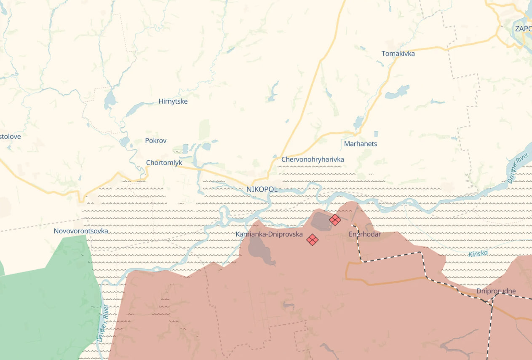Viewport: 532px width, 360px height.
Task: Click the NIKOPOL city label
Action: [262, 189]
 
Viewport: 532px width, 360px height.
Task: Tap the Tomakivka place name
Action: [398, 54]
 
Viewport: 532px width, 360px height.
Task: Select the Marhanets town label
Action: [361, 144]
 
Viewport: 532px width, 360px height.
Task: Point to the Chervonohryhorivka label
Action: [313, 159]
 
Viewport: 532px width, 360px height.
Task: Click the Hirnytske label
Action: [173, 101]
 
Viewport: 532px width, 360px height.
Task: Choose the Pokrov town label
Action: [155, 140]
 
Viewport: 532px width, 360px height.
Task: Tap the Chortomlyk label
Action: [164, 162]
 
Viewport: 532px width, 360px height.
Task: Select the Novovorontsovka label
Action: [81, 231]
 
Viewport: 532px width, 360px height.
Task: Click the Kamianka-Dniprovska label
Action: [269, 234]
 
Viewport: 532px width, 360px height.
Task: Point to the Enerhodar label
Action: [365, 234]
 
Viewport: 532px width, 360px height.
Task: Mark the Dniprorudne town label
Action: [496, 291]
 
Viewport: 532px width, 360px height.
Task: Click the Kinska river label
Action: [478, 254]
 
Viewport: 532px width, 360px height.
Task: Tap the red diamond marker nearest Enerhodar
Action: [335, 220]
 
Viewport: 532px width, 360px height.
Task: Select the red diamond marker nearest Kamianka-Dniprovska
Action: [312, 240]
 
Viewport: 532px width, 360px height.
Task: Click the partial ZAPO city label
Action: [523, 29]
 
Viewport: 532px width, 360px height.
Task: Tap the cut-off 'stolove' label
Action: [10, 137]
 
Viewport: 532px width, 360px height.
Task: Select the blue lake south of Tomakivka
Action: [397, 92]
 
